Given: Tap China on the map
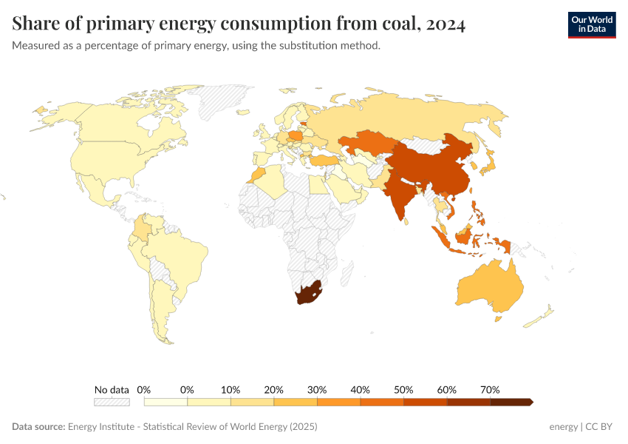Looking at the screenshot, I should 429,170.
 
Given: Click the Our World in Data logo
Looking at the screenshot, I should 591,24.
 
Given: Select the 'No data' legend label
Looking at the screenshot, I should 112,389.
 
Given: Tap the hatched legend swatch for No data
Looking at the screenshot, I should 112,402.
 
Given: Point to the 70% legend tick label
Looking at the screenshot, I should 490,389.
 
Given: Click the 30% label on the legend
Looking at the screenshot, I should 317,389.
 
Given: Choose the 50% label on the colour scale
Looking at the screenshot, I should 403,389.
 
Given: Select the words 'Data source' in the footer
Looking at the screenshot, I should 38,427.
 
